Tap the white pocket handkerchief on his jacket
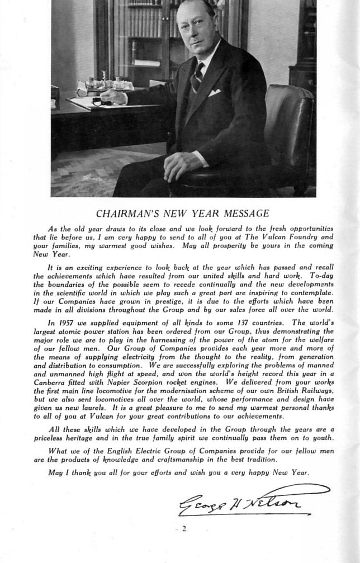(x=215, y=92)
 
